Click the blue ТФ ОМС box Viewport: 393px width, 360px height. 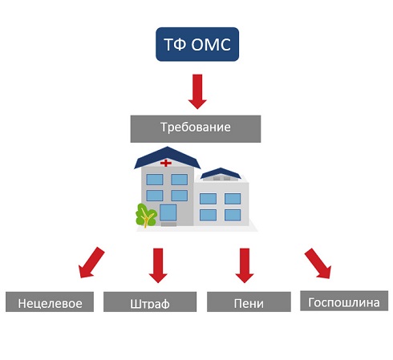click(x=197, y=44)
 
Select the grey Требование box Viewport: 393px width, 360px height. click(x=196, y=129)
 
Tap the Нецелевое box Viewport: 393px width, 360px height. click(x=50, y=301)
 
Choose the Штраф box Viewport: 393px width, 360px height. click(x=150, y=301)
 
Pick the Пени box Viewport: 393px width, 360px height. click(x=249, y=301)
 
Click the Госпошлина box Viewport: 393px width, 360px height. click(x=344, y=301)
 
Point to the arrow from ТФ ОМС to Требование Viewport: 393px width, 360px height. click(x=197, y=91)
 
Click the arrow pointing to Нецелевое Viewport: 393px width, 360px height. click(x=91, y=263)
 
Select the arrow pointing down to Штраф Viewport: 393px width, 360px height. click(x=158, y=265)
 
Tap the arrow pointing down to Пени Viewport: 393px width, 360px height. click(x=245, y=265)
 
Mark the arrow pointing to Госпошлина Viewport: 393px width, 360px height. click(x=318, y=264)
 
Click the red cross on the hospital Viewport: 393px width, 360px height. click(x=166, y=163)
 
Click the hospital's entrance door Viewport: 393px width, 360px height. click(x=168, y=212)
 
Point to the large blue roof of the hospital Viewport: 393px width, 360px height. click(x=167, y=158)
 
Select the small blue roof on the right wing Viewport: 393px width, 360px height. click(x=221, y=173)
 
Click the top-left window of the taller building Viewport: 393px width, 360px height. click(x=155, y=180)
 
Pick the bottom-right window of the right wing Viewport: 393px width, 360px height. click(x=233, y=215)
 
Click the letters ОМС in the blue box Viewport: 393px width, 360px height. click(x=211, y=44)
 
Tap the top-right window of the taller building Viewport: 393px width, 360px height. click(x=179, y=180)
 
